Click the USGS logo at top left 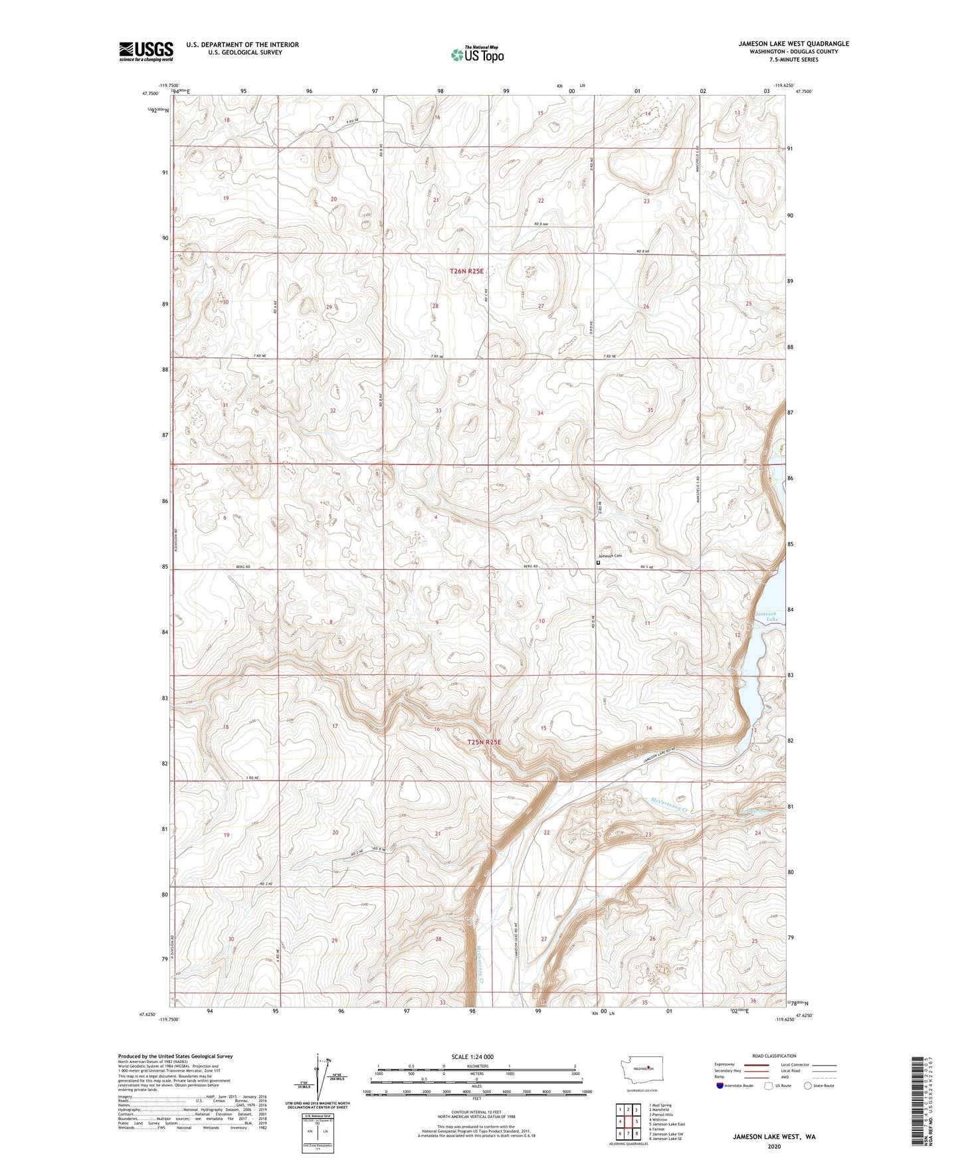(146, 50)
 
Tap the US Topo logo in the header (477, 54)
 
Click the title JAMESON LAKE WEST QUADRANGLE (793, 44)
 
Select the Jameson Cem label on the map (610, 556)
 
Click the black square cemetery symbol (598, 562)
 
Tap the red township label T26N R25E (467, 271)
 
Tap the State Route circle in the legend (808, 1086)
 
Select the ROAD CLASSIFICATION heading (774, 1056)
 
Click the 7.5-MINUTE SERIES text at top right (793, 60)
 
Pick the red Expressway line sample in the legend (756, 1064)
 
